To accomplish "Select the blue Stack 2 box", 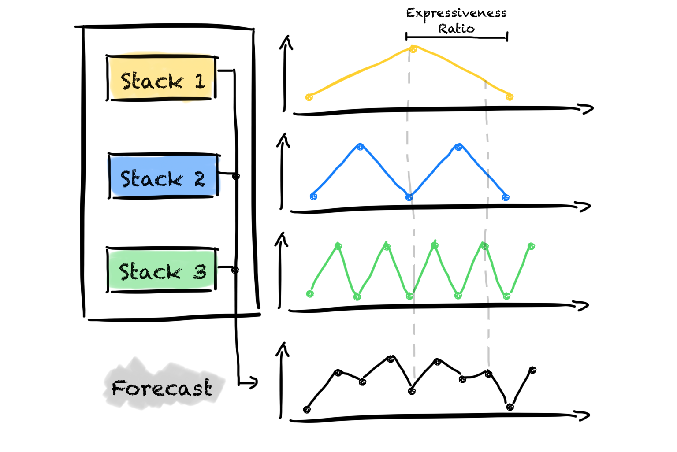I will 163,176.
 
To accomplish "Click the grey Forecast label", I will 162,388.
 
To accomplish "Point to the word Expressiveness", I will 456,13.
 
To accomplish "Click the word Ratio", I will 456,29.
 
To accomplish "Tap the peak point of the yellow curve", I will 413,49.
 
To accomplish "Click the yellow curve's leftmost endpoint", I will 309,97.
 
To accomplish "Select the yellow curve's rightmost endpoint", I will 510,96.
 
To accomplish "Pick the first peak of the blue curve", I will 361,147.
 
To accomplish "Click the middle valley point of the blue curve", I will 409,197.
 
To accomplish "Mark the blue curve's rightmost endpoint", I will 506,197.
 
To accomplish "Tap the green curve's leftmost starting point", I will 310,294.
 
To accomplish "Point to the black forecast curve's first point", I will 307,410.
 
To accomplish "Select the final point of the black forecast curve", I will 532,370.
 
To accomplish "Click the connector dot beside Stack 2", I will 236,176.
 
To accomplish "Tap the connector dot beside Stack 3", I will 235,270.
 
